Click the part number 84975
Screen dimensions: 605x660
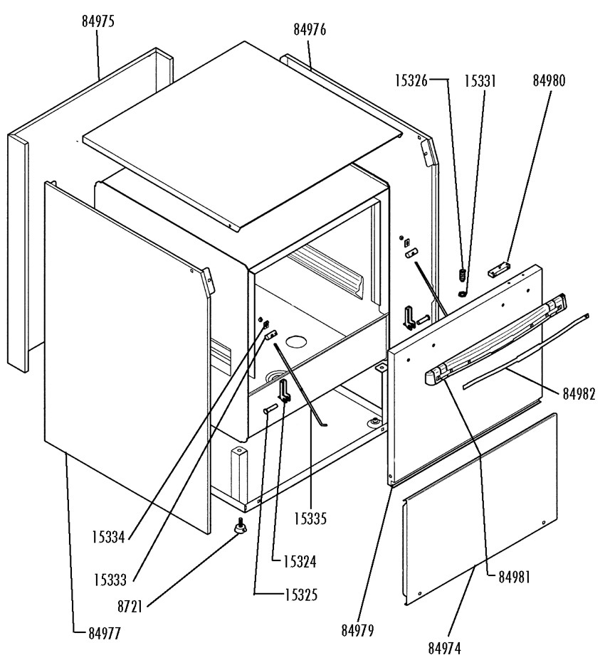pos(98,21)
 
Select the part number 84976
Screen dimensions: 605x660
pos(310,30)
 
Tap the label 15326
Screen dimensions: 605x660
pos(411,80)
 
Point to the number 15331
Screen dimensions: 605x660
pos(480,81)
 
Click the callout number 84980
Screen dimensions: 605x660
pos(549,80)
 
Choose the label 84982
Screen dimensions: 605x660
pos(579,393)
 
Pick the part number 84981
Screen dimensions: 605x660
pos(515,577)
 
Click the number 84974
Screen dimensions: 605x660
pos(444,648)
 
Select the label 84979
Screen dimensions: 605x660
pos(358,630)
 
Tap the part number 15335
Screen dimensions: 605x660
pos(310,518)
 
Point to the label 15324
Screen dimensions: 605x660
pos(300,562)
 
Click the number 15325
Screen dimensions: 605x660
pos(301,595)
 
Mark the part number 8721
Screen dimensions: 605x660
pos(130,607)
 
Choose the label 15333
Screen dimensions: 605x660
pos(110,580)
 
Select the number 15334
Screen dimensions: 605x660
pos(109,537)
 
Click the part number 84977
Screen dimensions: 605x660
pos(105,633)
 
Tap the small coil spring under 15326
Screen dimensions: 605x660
pos(461,275)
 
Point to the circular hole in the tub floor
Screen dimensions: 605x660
pos(297,341)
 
